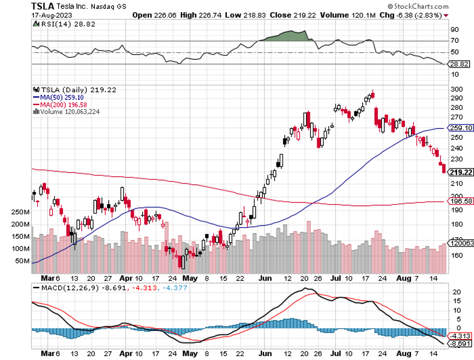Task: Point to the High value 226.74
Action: coord(212,15)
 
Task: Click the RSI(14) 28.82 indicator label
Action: coord(58,25)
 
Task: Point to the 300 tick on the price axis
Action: coord(456,89)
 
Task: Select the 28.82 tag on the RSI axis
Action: coord(460,64)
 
